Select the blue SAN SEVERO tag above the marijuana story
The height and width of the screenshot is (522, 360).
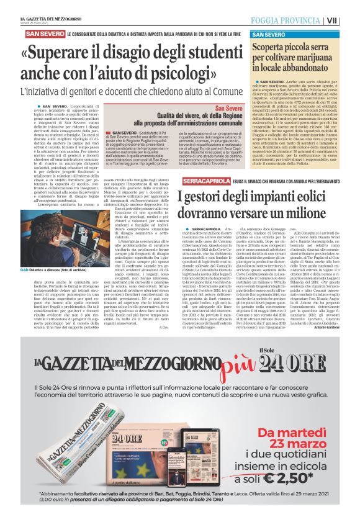pyautogui.click(x=268, y=34)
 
